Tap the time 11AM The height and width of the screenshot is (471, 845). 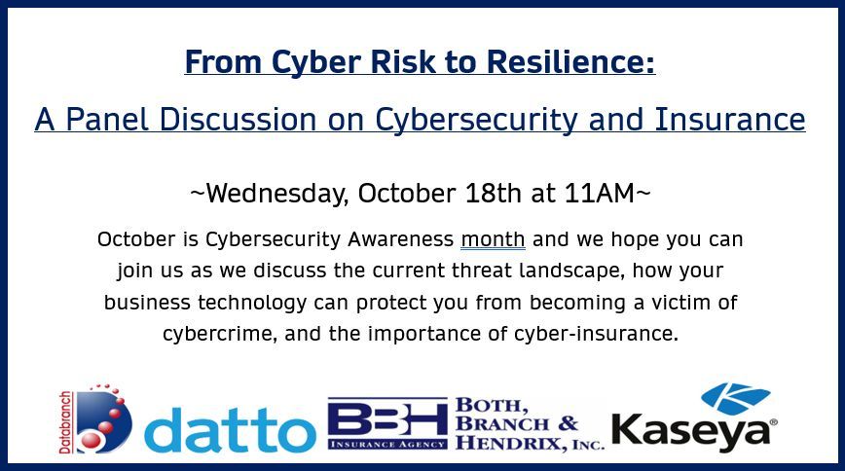click(600, 193)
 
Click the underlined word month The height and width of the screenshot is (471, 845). click(493, 238)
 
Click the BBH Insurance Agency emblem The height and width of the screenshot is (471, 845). click(387, 423)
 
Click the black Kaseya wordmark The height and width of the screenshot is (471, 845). click(693, 431)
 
